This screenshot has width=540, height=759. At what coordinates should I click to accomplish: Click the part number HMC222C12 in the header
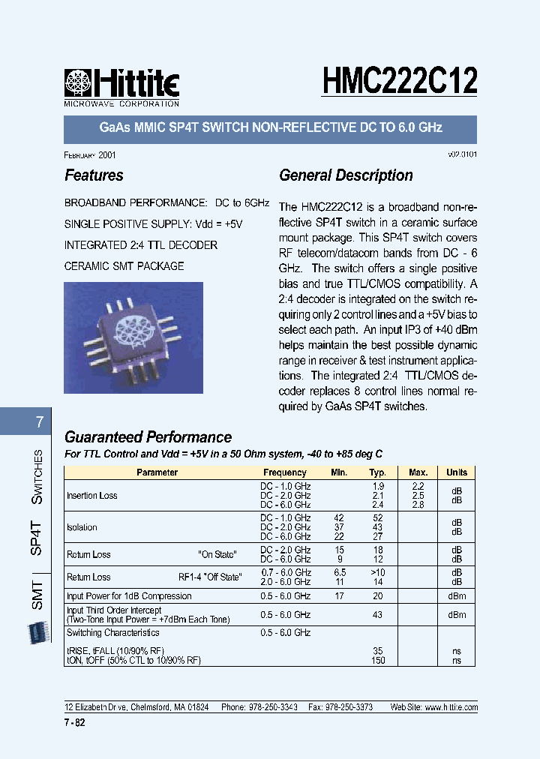[400, 79]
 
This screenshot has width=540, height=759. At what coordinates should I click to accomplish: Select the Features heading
[94, 175]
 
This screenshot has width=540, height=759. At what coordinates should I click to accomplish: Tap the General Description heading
[346, 175]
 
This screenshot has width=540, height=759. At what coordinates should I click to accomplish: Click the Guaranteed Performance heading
[148, 437]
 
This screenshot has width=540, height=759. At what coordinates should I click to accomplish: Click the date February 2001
[90, 154]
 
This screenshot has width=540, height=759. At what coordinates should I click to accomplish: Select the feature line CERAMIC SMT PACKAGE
[124, 266]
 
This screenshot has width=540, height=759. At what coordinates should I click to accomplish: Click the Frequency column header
[285, 472]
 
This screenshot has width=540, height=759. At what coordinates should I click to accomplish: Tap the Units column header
[457, 472]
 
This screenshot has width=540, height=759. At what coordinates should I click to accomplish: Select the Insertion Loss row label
[92, 496]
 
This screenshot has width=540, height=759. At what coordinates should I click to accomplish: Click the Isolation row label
[82, 527]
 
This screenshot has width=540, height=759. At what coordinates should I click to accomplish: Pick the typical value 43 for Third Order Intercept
[377, 615]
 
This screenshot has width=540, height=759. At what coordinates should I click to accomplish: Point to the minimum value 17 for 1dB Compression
[339, 596]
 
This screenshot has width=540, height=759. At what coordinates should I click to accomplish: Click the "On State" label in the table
[217, 554]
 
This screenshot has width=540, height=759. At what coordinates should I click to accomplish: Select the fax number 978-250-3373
[347, 707]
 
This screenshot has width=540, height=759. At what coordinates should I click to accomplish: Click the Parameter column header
[157, 472]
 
